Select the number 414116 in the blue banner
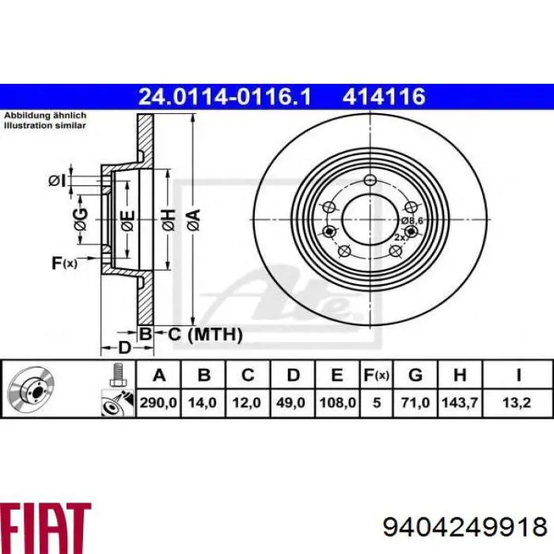tap(384, 97)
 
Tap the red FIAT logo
tap(46, 524)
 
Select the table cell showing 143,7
tap(465, 403)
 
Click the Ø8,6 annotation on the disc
tap(412, 221)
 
